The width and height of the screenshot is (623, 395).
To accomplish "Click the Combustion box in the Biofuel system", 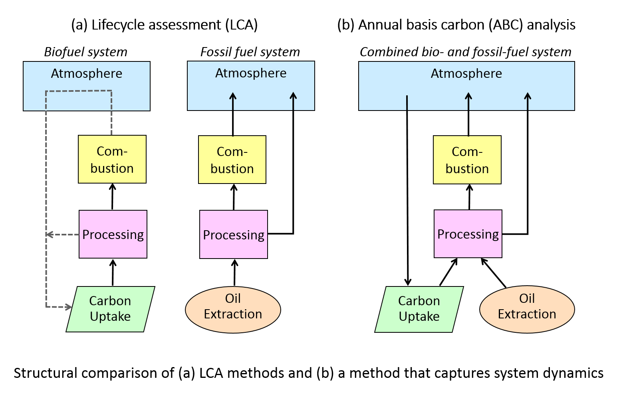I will [112, 159].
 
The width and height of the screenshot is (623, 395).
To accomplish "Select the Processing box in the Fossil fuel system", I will [234, 235].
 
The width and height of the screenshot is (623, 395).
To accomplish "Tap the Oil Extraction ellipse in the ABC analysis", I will [527, 309].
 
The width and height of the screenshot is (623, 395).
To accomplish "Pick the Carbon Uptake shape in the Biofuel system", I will [110, 309].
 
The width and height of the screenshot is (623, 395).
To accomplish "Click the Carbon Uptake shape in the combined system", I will [419, 309].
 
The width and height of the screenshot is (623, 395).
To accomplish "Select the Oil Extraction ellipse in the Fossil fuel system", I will [233, 309].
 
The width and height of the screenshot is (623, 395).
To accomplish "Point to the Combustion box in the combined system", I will [467, 160].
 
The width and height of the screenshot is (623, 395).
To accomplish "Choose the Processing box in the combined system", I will [468, 234].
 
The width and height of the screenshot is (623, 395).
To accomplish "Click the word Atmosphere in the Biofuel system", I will [87, 73].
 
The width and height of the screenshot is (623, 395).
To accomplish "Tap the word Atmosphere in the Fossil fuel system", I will [251, 73].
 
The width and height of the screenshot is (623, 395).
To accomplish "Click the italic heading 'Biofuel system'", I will [85, 52].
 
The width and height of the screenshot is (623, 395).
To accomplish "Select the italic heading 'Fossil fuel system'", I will [250, 52].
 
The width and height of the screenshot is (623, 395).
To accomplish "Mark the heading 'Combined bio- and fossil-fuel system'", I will [465, 52].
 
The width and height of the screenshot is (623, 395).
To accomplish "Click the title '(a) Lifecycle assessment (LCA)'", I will [164, 25].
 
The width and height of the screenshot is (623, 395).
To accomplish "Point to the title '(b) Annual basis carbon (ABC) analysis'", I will [456, 25].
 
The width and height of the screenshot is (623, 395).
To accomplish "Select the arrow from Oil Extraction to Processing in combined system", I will [494, 273].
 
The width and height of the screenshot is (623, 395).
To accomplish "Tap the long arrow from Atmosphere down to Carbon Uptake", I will [407, 192].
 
